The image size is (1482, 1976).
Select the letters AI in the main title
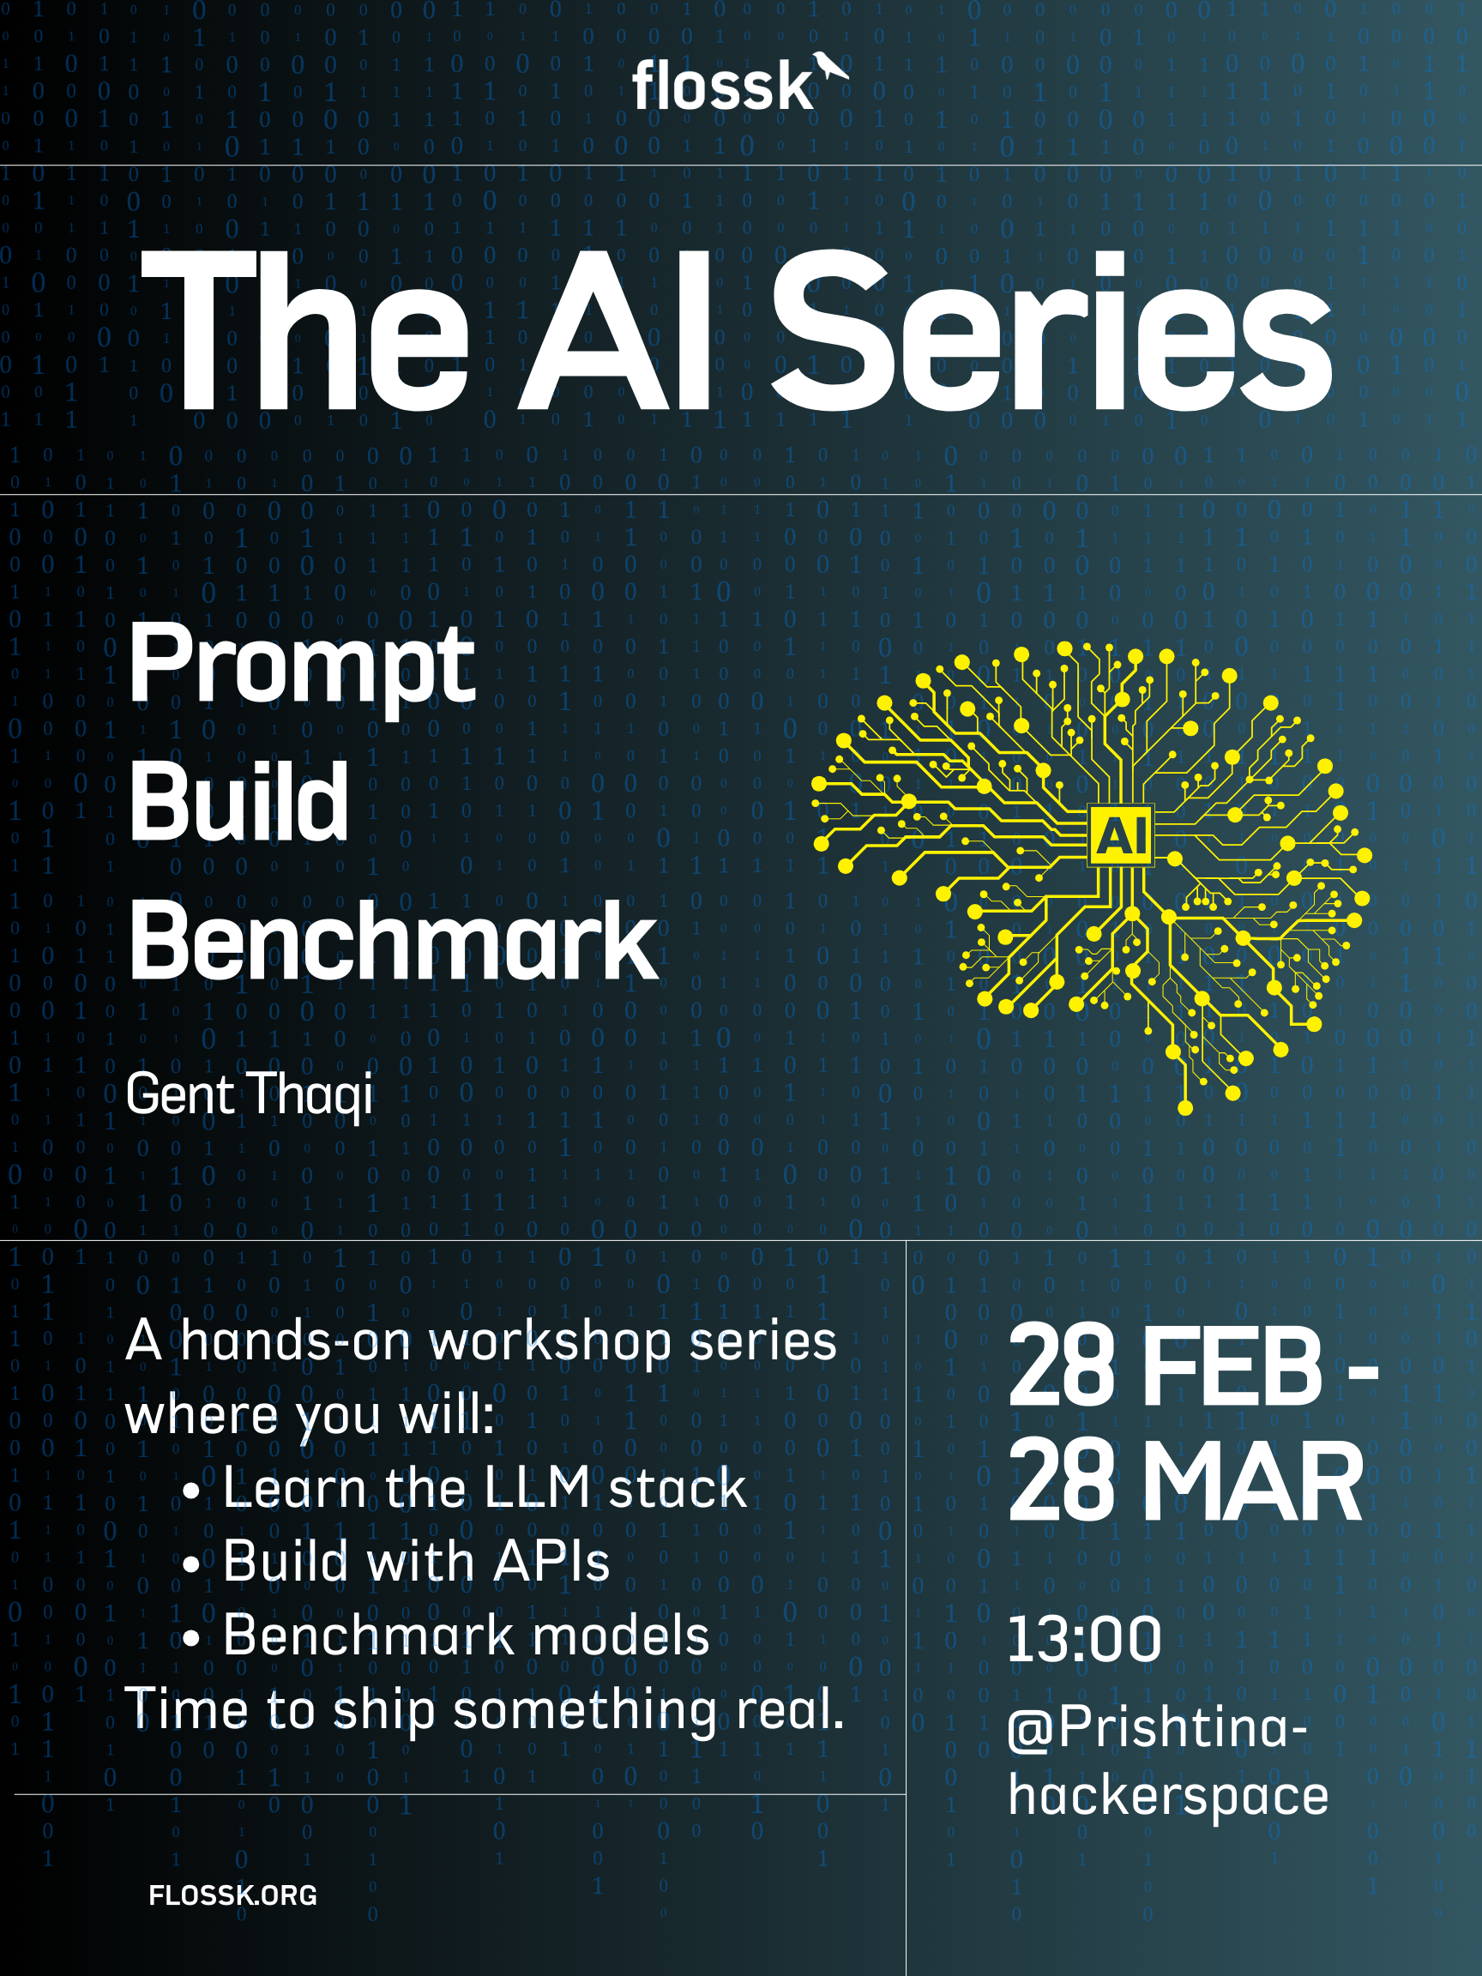[615, 331]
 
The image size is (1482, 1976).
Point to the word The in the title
[305, 331]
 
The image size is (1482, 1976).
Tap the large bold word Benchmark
[393, 940]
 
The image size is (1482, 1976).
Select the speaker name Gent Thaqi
[250, 1093]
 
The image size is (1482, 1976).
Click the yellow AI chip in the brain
[1121, 835]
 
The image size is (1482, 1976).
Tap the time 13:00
[1084, 1639]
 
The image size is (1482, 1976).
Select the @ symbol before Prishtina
[1032, 1730]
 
